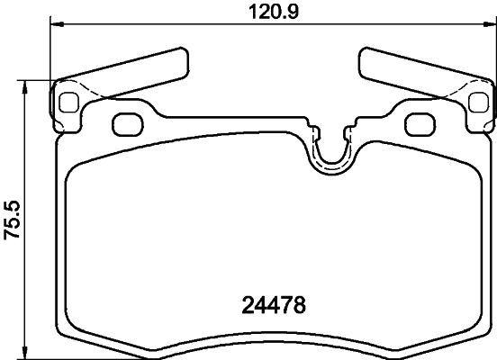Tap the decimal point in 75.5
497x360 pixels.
pyautogui.click(x=12, y=219)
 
